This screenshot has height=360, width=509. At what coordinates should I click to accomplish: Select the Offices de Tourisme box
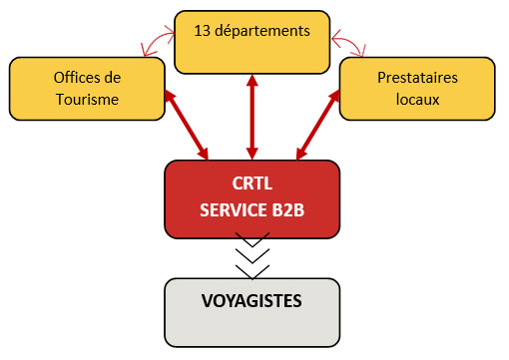(x=86, y=87)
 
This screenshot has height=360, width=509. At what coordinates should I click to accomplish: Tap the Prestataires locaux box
(x=417, y=87)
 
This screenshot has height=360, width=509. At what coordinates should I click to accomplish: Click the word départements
(x=262, y=31)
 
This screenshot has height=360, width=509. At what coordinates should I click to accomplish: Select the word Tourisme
(x=86, y=99)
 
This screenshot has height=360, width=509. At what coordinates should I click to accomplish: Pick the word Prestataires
(x=417, y=77)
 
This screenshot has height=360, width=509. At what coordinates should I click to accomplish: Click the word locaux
(x=417, y=99)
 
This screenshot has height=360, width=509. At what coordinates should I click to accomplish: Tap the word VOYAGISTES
(x=252, y=299)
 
